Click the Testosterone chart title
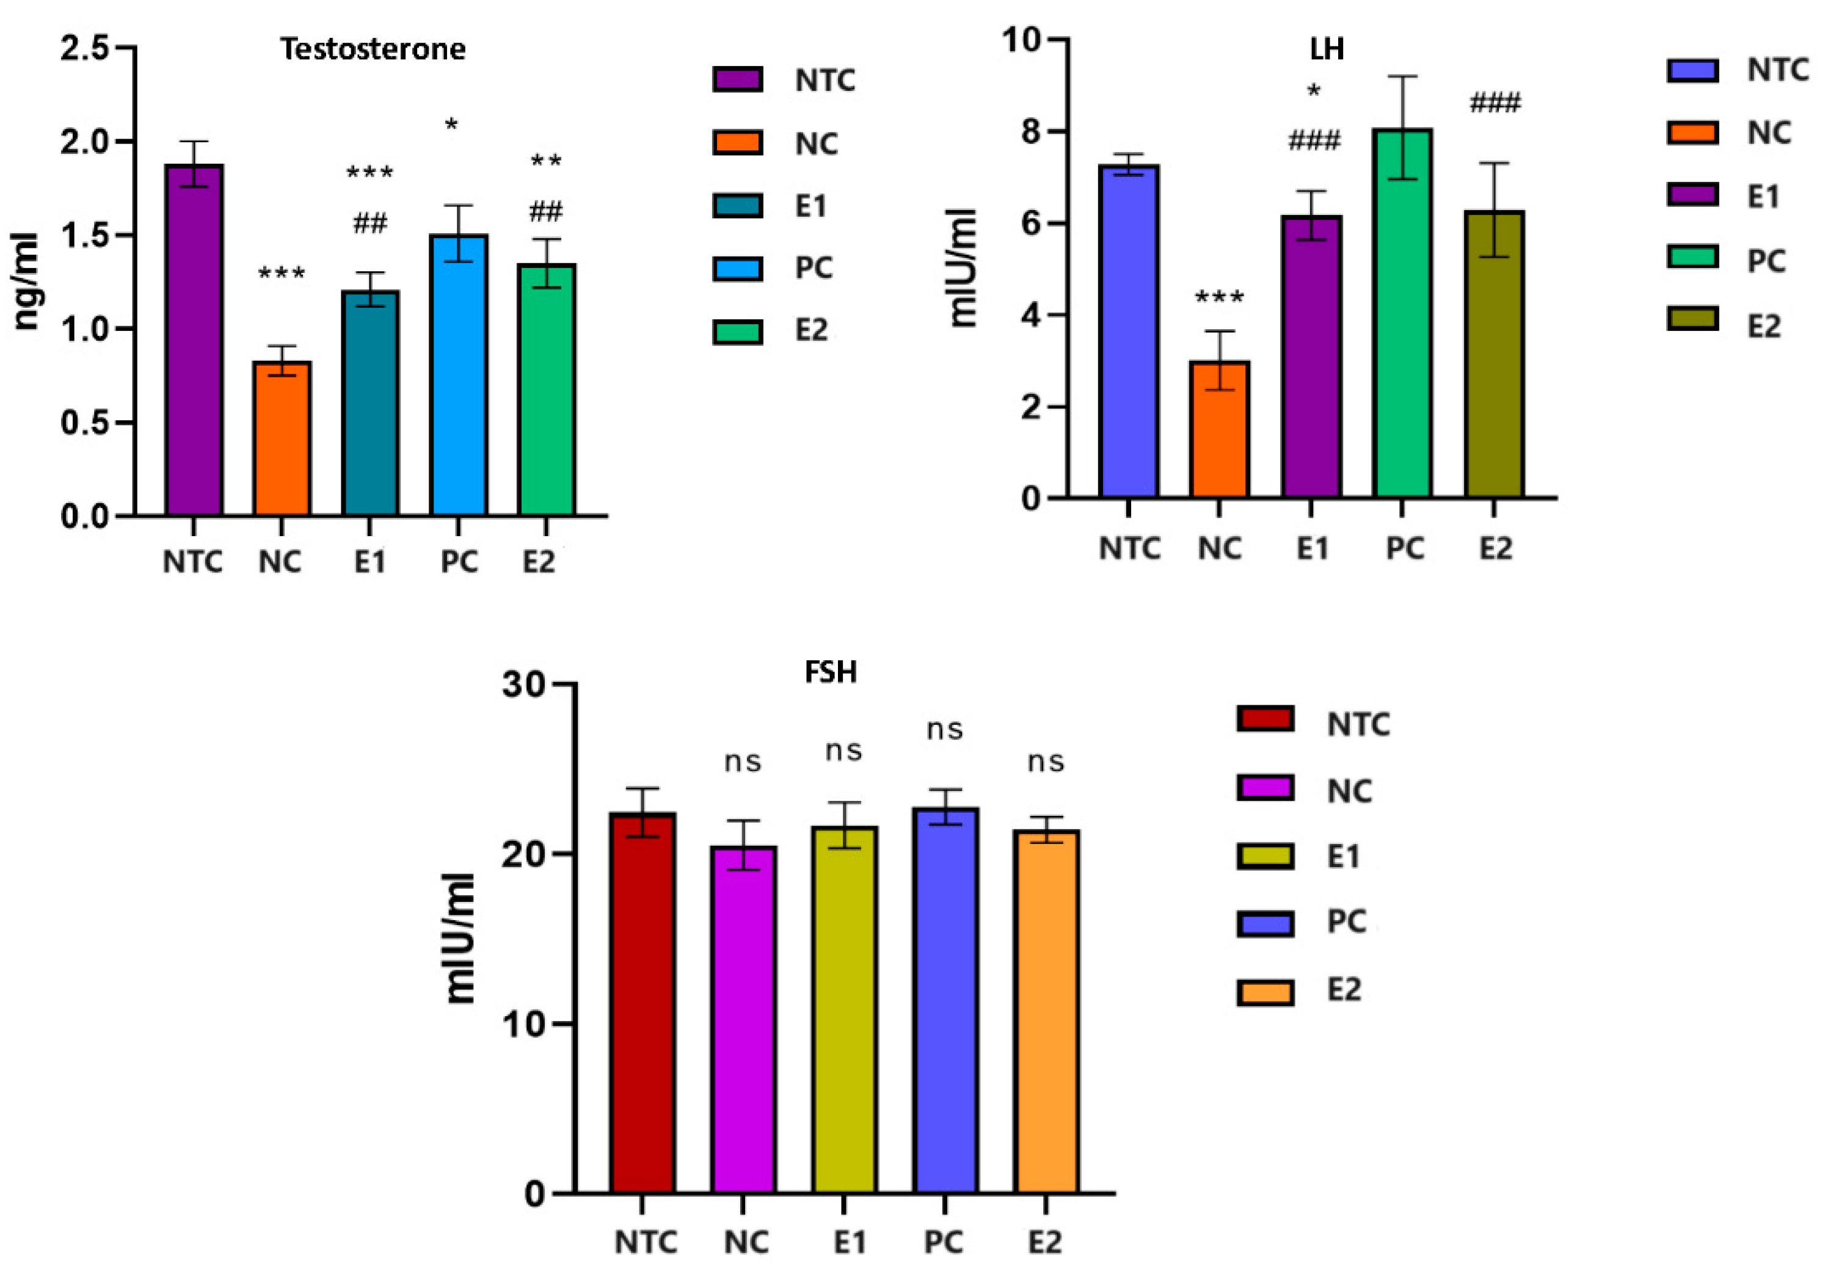click(373, 49)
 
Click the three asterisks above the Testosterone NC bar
click(282, 275)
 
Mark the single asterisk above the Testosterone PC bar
click(451, 126)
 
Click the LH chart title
click(1327, 49)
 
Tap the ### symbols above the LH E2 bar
click(1495, 103)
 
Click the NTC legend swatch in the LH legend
click(1692, 70)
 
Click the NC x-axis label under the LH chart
click(1220, 548)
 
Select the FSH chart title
click(831, 672)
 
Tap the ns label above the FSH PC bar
click(945, 730)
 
